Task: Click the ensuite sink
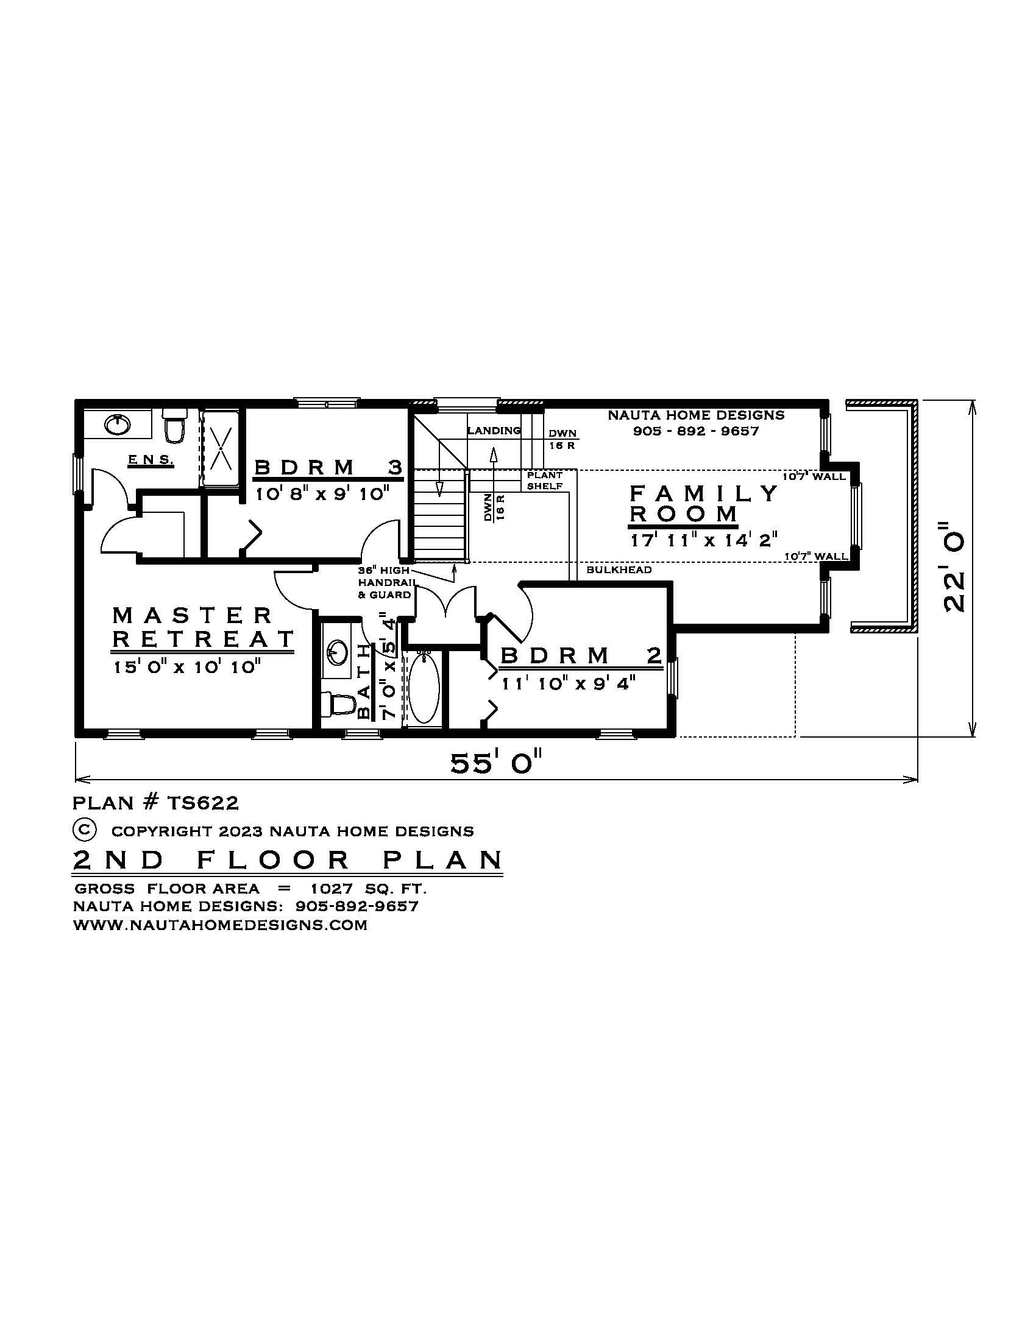[x=116, y=425]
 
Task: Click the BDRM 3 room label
[x=328, y=468]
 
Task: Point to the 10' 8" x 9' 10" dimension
[x=322, y=493]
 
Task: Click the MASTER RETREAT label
[x=202, y=627]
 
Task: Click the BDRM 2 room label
[x=581, y=656]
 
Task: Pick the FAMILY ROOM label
[x=703, y=503]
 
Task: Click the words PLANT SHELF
[x=544, y=481]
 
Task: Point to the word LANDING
[x=494, y=431]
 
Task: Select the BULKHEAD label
[x=619, y=570]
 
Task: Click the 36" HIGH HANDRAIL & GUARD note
[x=384, y=582]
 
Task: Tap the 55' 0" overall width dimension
[x=497, y=763]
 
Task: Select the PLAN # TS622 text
[x=156, y=803]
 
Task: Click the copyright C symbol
[x=85, y=830]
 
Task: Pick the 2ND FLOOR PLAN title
[x=287, y=859]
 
